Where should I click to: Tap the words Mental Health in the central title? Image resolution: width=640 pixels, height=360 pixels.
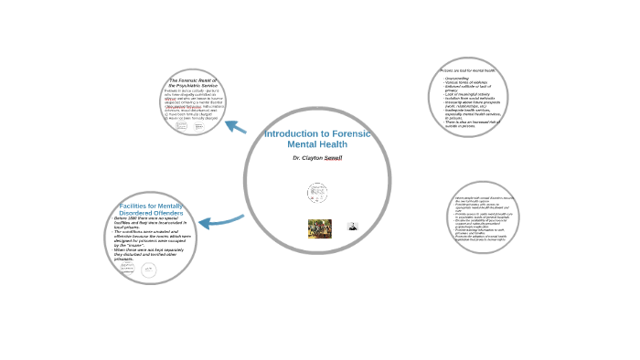(x=316, y=144)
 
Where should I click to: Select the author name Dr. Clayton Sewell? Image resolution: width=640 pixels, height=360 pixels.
(x=316, y=158)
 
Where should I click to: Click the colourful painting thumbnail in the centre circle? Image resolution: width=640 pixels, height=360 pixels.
(x=319, y=228)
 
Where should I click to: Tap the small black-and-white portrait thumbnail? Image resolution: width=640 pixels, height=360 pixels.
(x=353, y=227)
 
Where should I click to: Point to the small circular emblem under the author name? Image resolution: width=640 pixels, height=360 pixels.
(x=317, y=193)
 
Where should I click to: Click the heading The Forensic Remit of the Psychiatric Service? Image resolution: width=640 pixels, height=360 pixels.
(x=194, y=82)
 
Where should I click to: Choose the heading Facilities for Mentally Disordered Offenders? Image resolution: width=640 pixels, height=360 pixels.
(x=151, y=210)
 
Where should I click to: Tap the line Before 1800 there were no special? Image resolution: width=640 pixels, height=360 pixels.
(x=150, y=219)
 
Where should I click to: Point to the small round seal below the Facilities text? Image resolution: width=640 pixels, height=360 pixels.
(x=148, y=270)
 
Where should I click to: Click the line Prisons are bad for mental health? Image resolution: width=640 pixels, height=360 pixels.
(x=467, y=70)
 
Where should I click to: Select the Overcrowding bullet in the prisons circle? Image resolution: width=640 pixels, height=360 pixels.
(x=457, y=79)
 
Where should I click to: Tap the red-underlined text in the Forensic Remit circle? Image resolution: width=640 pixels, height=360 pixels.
(x=182, y=106)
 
